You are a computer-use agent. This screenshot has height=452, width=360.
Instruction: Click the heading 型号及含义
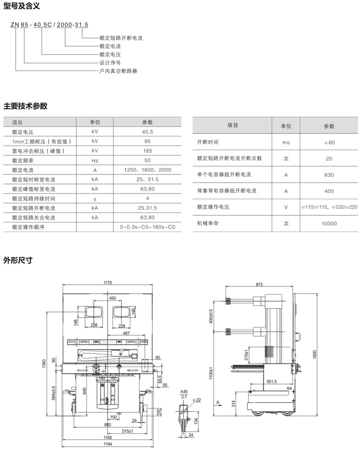pos(21,6)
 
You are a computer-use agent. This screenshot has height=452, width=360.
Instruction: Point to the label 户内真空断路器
pos(118,71)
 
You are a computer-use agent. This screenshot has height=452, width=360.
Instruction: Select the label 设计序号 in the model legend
pos(109,63)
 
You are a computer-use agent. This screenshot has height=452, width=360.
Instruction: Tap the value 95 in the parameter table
pos(147,141)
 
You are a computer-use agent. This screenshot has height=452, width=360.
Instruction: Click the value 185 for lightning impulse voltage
pos(147,151)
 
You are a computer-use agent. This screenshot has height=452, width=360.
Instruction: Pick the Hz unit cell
pos(95,160)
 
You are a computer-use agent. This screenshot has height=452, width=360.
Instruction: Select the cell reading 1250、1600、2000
pos(147,170)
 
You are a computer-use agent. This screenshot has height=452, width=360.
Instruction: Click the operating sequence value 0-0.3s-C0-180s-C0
pos(147,227)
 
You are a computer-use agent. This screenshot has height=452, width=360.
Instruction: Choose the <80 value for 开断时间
pos(329,142)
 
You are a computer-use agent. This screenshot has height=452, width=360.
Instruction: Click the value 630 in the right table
pos(329,175)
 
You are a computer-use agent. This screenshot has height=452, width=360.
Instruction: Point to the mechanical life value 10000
pos(329,224)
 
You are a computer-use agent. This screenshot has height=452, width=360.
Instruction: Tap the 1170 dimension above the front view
pos(108,282)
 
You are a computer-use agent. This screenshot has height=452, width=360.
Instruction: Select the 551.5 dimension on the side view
pos(271,382)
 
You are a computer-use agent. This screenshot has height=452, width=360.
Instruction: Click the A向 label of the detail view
pos(184,391)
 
